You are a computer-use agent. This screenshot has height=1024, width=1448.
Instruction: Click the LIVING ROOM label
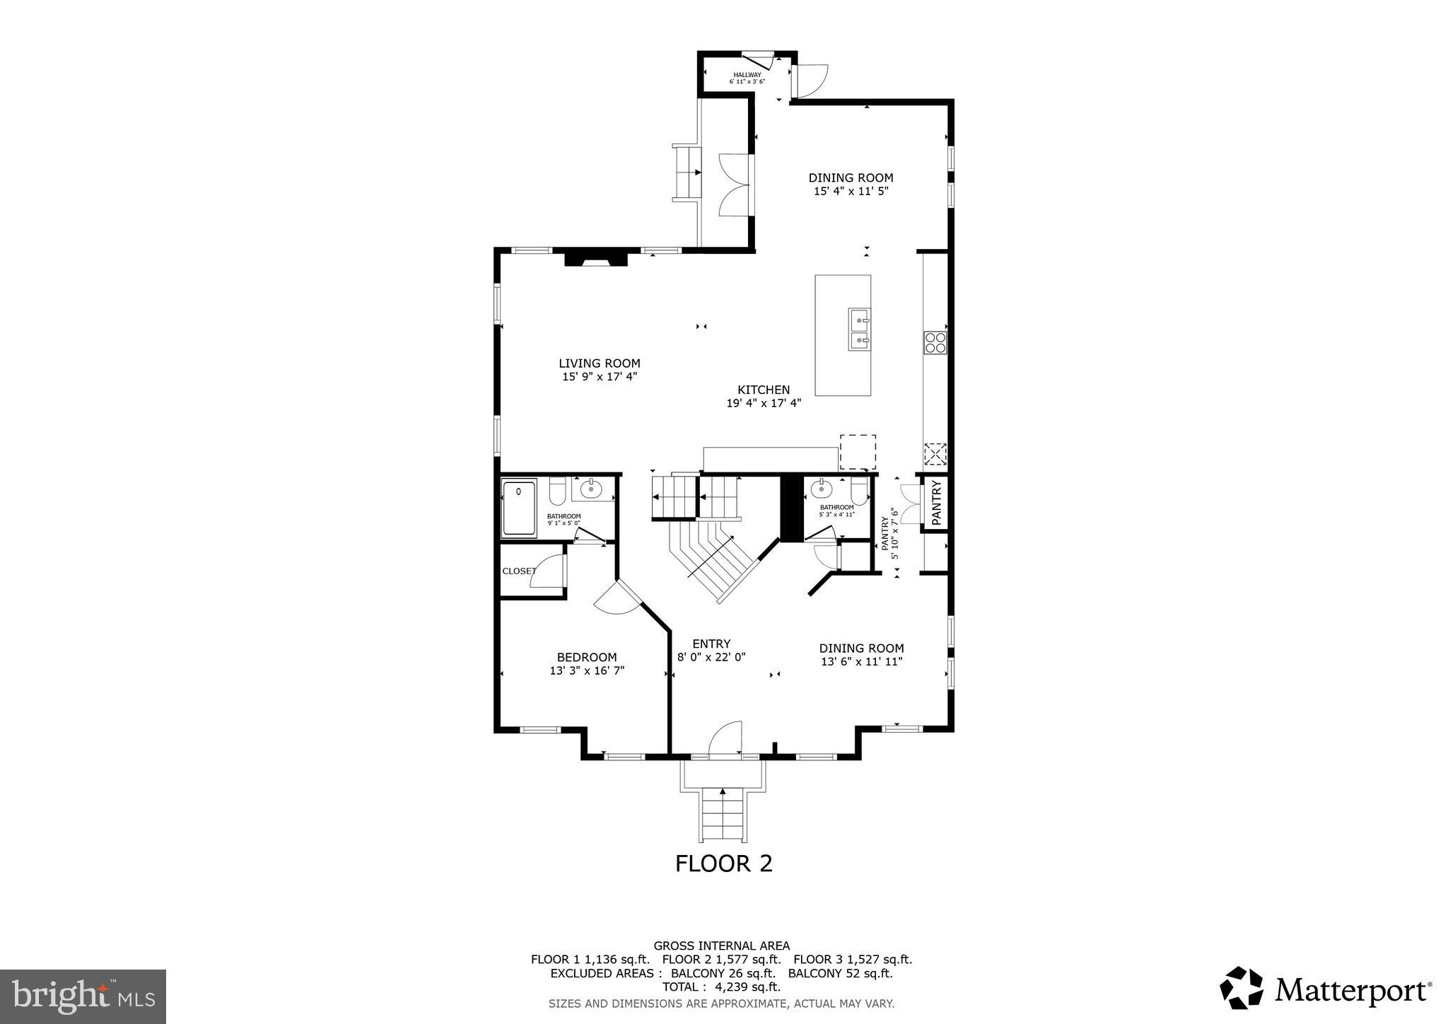click(x=599, y=363)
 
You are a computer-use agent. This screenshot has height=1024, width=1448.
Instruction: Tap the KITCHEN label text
click(x=764, y=390)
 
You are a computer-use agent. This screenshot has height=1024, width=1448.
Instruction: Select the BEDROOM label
click(x=586, y=657)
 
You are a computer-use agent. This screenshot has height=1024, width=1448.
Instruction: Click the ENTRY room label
click(x=711, y=644)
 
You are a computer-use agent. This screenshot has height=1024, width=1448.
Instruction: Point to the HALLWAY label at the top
click(x=747, y=75)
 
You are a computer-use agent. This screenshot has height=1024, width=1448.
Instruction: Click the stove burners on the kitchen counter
click(x=935, y=342)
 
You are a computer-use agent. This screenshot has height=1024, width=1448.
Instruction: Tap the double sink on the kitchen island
click(x=859, y=330)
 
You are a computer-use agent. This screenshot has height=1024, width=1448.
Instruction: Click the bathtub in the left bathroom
click(x=519, y=507)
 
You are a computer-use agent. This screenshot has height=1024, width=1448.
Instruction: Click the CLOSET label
click(x=518, y=571)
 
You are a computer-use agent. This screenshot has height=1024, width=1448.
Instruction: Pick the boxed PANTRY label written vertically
click(x=936, y=503)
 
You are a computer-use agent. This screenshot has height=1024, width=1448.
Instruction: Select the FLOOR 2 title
click(x=723, y=863)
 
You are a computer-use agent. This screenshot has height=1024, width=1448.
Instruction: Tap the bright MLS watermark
click(x=83, y=997)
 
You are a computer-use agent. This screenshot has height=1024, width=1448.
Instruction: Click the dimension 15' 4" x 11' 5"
click(x=851, y=191)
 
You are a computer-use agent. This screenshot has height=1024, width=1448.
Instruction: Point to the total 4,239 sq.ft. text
click(x=721, y=987)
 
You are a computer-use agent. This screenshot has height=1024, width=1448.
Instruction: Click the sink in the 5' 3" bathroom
click(x=821, y=488)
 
